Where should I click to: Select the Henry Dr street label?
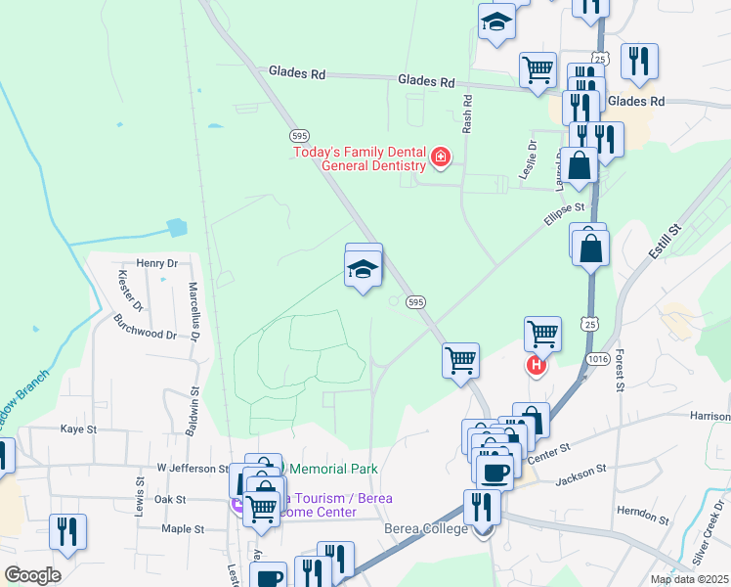[x=157, y=263]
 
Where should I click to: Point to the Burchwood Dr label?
[x=145, y=327]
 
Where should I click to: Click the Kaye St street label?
[x=79, y=429]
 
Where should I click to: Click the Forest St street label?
[x=619, y=373]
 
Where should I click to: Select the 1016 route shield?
[x=599, y=360]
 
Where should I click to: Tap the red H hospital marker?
[x=536, y=367]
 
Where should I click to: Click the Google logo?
[x=31, y=575]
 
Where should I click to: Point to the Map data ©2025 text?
[x=688, y=579]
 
